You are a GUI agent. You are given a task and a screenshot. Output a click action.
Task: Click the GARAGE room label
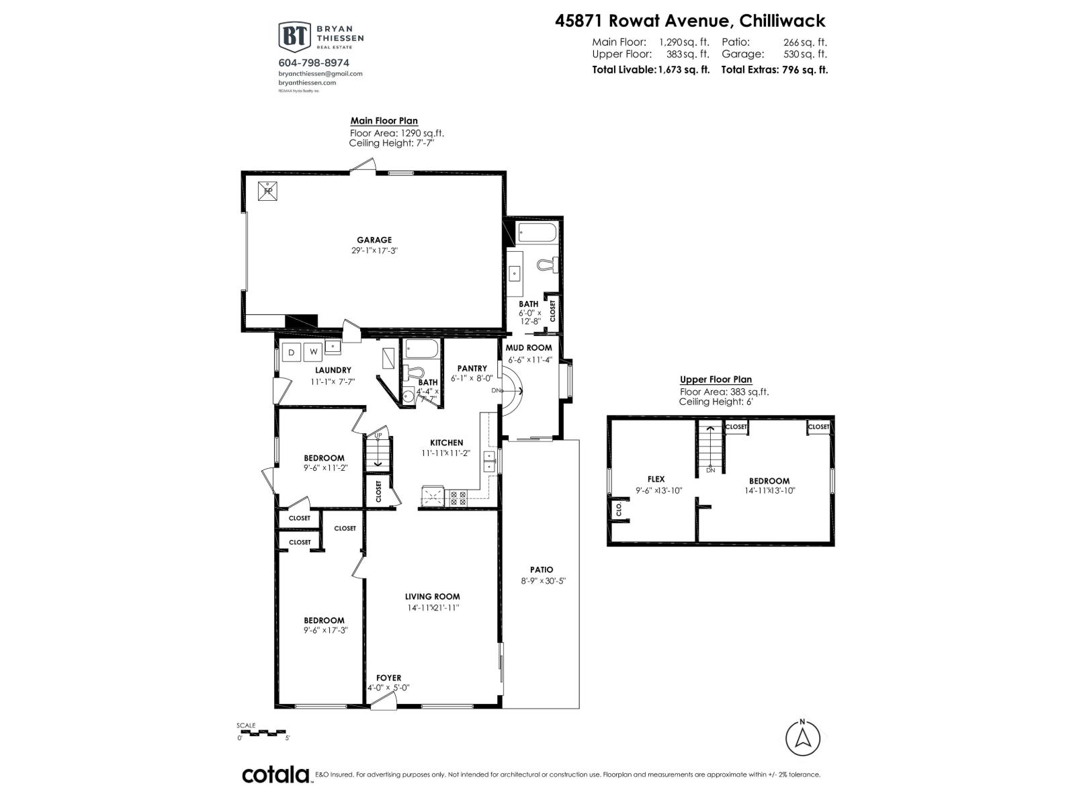point(374,240)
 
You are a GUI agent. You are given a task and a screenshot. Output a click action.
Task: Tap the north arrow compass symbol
point(802,738)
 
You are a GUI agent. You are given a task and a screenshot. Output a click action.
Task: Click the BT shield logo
point(294,36)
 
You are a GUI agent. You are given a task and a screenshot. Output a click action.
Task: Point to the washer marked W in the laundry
point(313,351)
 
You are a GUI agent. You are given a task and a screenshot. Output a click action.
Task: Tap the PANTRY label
point(472,368)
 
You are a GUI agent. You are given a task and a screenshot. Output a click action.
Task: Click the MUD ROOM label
point(529,347)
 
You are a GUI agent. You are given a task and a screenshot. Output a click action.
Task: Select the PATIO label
point(541,570)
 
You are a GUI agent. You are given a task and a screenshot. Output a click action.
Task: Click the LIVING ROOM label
point(432,596)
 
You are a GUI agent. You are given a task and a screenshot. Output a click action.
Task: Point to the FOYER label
point(388,678)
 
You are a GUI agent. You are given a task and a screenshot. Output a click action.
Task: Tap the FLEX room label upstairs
point(656,479)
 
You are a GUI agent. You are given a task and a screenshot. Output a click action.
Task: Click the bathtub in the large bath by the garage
point(536,234)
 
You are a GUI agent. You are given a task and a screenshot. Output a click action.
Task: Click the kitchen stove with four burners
point(458,498)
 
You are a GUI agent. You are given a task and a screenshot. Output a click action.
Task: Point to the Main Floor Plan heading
point(384,121)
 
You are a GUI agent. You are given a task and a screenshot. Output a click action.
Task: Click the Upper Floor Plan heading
point(716,379)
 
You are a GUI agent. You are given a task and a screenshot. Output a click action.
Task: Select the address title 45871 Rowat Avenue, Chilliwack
point(690,21)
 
